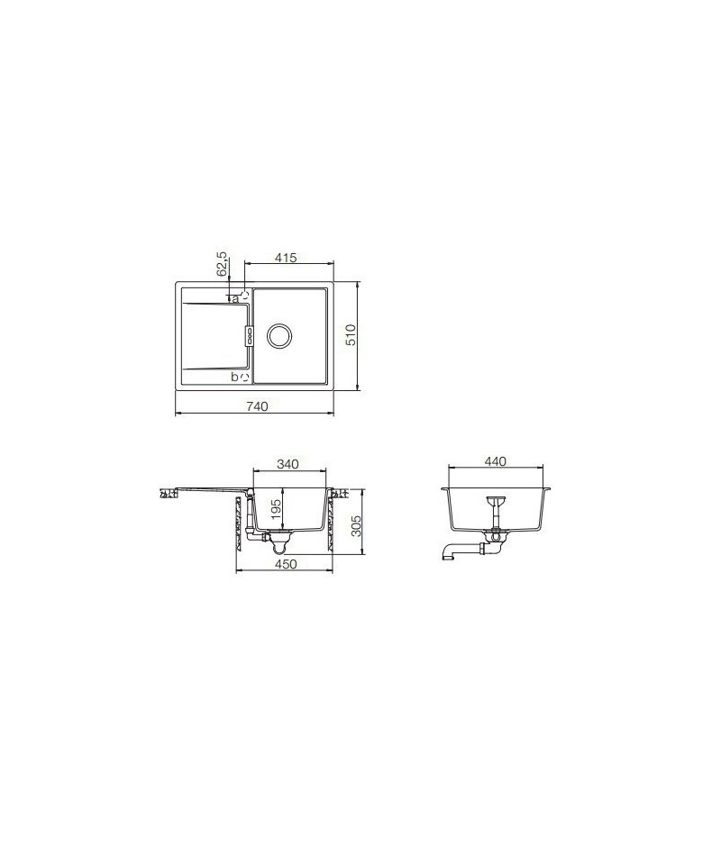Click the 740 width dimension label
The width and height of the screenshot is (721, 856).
point(257,406)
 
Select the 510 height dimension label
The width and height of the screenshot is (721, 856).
point(351,334)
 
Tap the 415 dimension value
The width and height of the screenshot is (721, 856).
point(287,257)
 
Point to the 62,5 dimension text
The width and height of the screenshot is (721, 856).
point(223,264)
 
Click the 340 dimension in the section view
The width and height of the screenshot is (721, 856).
point(287,464)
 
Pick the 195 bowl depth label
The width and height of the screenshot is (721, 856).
point(276,509)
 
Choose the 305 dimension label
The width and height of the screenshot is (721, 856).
point(356,526)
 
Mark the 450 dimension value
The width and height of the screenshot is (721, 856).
point(286,564)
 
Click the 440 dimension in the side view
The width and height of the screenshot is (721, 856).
point(496,461)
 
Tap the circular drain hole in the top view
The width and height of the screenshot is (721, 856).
point(279,335)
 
